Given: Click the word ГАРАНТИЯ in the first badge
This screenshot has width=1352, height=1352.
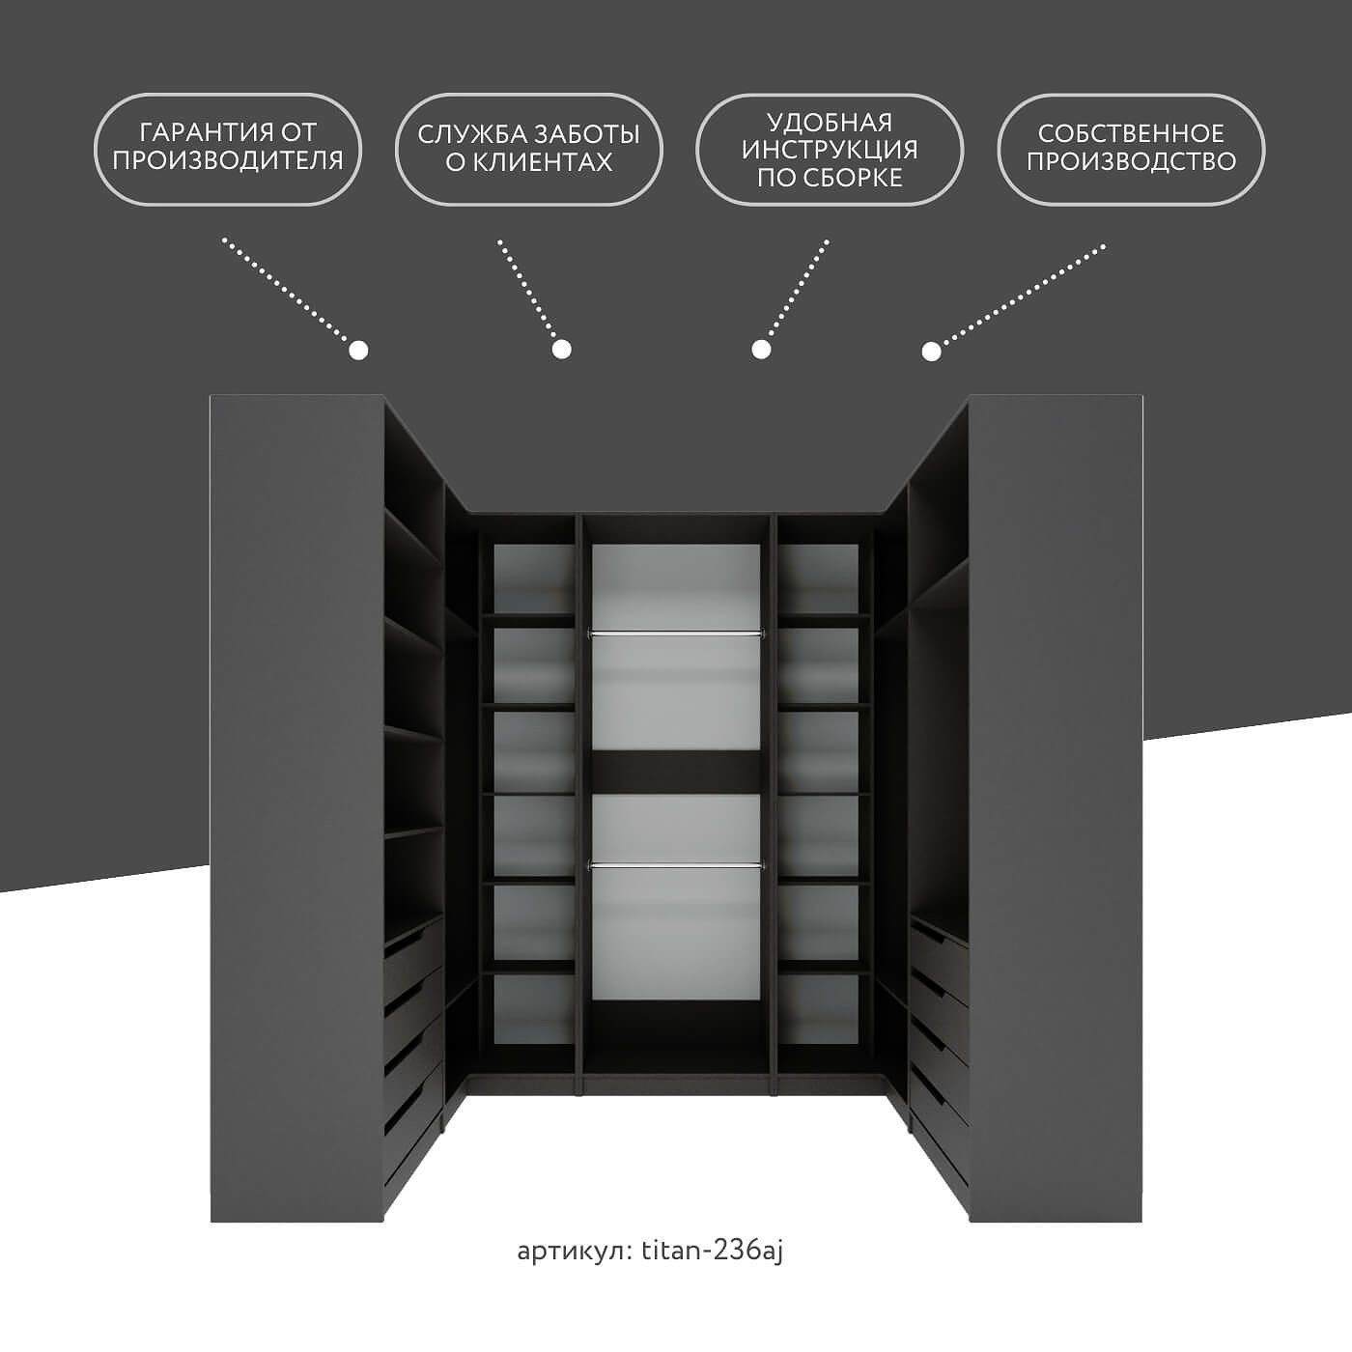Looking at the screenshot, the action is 197,132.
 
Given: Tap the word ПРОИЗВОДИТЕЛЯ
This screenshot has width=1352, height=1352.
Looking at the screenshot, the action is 227,160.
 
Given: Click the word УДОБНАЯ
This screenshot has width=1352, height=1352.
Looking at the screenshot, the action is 830,122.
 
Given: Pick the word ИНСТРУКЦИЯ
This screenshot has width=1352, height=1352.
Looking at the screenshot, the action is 830,150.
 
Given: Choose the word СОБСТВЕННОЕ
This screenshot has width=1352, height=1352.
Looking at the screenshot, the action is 1130,132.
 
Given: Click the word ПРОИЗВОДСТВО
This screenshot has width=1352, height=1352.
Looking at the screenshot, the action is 1130,161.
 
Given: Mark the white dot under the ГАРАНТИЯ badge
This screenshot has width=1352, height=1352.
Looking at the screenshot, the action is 358,351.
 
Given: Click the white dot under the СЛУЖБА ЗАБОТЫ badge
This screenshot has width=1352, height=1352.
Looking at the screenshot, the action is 561,349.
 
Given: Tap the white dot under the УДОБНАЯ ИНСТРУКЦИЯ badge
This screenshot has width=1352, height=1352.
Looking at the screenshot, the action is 761,349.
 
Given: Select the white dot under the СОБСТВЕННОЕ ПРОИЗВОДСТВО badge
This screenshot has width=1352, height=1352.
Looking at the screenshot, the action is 931,351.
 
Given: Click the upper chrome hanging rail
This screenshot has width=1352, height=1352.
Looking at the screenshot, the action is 676,634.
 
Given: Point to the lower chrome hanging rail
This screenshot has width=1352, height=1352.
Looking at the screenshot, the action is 676,866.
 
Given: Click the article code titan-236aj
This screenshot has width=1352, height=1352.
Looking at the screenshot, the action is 712,1251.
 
